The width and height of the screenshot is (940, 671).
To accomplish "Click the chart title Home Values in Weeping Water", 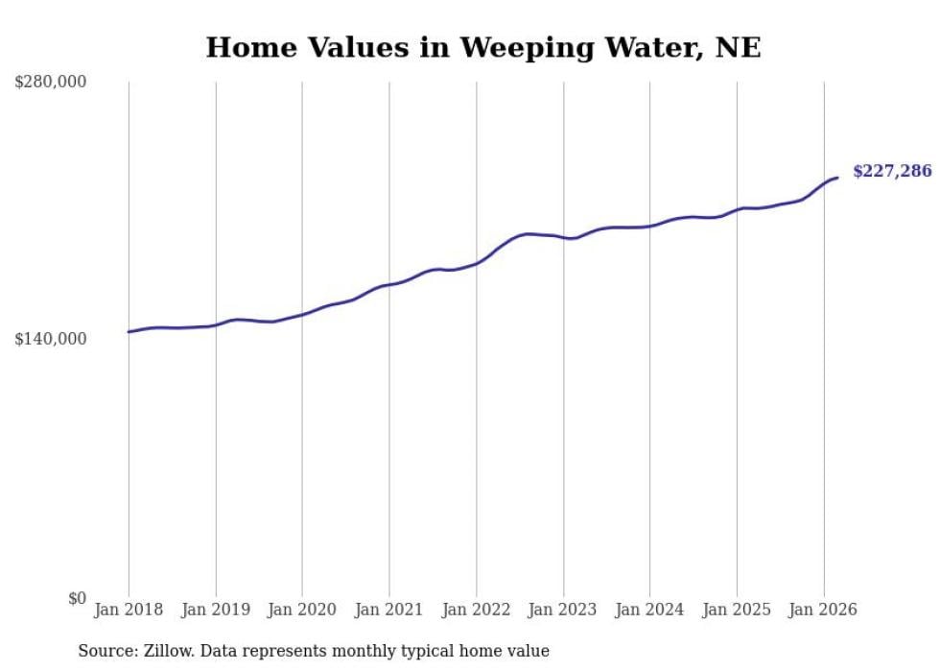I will coord(483,47).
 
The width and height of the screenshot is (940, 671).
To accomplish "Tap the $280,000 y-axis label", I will coord(50,83).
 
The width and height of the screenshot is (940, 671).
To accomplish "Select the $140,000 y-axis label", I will coord(50,339).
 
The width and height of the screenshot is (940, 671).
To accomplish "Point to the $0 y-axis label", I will coord(77,598).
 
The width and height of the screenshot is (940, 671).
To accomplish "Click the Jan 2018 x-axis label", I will coord(129,610).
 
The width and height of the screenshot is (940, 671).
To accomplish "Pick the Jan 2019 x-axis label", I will coord(215,610).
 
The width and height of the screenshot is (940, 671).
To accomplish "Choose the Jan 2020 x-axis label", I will coord(302,610).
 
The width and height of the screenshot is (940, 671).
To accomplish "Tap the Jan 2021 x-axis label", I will coord(388,610).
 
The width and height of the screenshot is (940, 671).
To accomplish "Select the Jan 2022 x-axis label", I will coord(476,610).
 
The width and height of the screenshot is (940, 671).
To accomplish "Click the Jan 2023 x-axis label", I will coord(562,610).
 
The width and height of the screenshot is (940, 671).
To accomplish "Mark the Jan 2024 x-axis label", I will coord(649,610).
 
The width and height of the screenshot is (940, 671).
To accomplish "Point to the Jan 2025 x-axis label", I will coord(736,610).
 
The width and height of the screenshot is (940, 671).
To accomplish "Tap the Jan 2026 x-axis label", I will coord(823,610).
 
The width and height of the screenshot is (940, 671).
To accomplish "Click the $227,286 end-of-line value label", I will coord(892,172).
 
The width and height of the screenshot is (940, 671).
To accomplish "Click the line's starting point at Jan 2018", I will coord(129,332).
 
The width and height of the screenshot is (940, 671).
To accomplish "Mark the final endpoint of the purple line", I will coord(837,178).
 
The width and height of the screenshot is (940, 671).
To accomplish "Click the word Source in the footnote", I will coord(104,651).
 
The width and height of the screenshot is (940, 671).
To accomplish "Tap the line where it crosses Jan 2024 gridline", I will coord(649,227).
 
